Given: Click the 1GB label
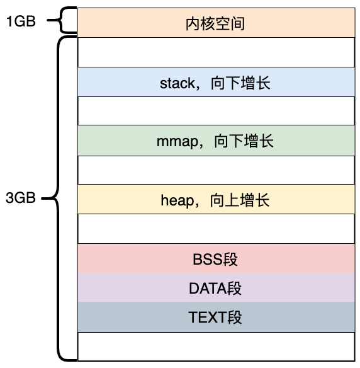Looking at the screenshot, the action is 21,21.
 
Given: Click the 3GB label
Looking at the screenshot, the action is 21,198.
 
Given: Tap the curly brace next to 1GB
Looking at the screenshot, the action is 62,20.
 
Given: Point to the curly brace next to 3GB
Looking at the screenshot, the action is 58,198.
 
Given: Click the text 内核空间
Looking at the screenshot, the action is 215,24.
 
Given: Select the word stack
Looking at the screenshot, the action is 177,83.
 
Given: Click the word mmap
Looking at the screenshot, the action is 177,142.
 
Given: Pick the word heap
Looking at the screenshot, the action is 177,200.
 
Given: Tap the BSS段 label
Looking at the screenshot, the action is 215,260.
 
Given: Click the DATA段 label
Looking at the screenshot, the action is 215,288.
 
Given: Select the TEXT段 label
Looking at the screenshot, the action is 215,318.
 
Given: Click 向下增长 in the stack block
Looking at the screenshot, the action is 240,83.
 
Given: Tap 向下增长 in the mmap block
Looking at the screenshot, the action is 244,141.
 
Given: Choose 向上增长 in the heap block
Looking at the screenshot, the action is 240,200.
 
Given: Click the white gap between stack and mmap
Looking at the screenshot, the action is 216,111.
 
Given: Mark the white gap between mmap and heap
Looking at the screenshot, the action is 216,170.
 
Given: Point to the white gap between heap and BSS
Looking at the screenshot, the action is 216,229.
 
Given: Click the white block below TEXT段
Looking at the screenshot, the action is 216,347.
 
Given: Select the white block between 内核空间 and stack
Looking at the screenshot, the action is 216,52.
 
